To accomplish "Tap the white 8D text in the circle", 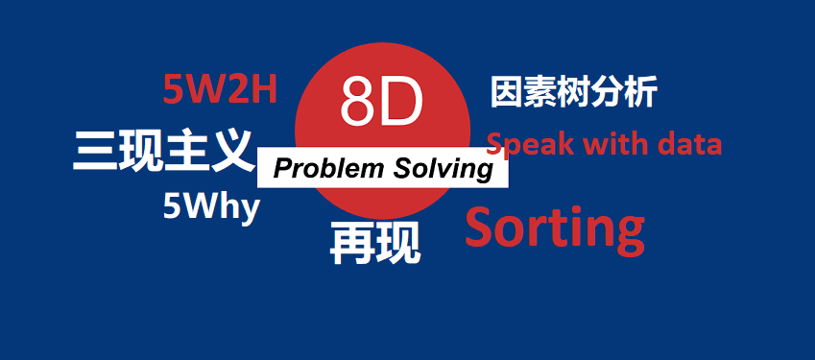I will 381,104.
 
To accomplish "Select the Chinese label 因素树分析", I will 573,94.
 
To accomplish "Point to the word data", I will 683,145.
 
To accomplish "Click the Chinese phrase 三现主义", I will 163,152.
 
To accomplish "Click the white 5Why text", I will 211,206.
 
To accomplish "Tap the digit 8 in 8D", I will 358,104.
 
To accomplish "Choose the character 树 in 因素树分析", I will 573,94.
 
